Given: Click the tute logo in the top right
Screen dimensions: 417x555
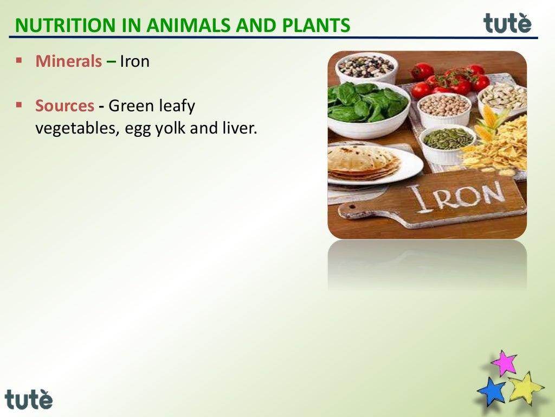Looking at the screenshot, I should [507, 23].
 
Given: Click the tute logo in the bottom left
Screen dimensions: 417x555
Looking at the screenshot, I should [29, 399].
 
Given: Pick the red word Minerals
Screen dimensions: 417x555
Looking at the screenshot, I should [68, 61].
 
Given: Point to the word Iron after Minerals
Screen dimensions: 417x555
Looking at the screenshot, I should [134, 61].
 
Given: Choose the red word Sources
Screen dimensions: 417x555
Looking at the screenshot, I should [65, 106].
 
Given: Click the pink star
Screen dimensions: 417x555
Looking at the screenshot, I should [504, 363].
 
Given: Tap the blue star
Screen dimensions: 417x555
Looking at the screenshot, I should [491, 391].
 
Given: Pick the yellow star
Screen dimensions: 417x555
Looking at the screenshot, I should [525, 387].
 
